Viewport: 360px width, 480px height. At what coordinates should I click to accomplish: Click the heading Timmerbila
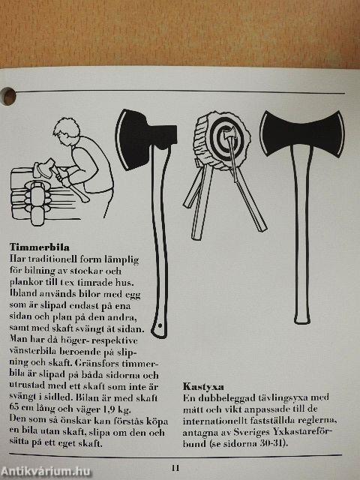coord(40,247)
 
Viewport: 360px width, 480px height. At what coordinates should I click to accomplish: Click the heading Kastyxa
coord(203,387)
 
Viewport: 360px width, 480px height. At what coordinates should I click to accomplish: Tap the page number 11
coord(175,468)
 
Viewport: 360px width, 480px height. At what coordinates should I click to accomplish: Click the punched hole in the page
coord(8,96)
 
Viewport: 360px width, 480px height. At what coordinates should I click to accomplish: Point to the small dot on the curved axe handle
coord(160,325)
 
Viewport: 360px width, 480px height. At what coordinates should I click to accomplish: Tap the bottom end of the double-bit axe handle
coord(302,322)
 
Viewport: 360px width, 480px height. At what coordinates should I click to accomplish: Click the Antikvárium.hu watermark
coord(45,471)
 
